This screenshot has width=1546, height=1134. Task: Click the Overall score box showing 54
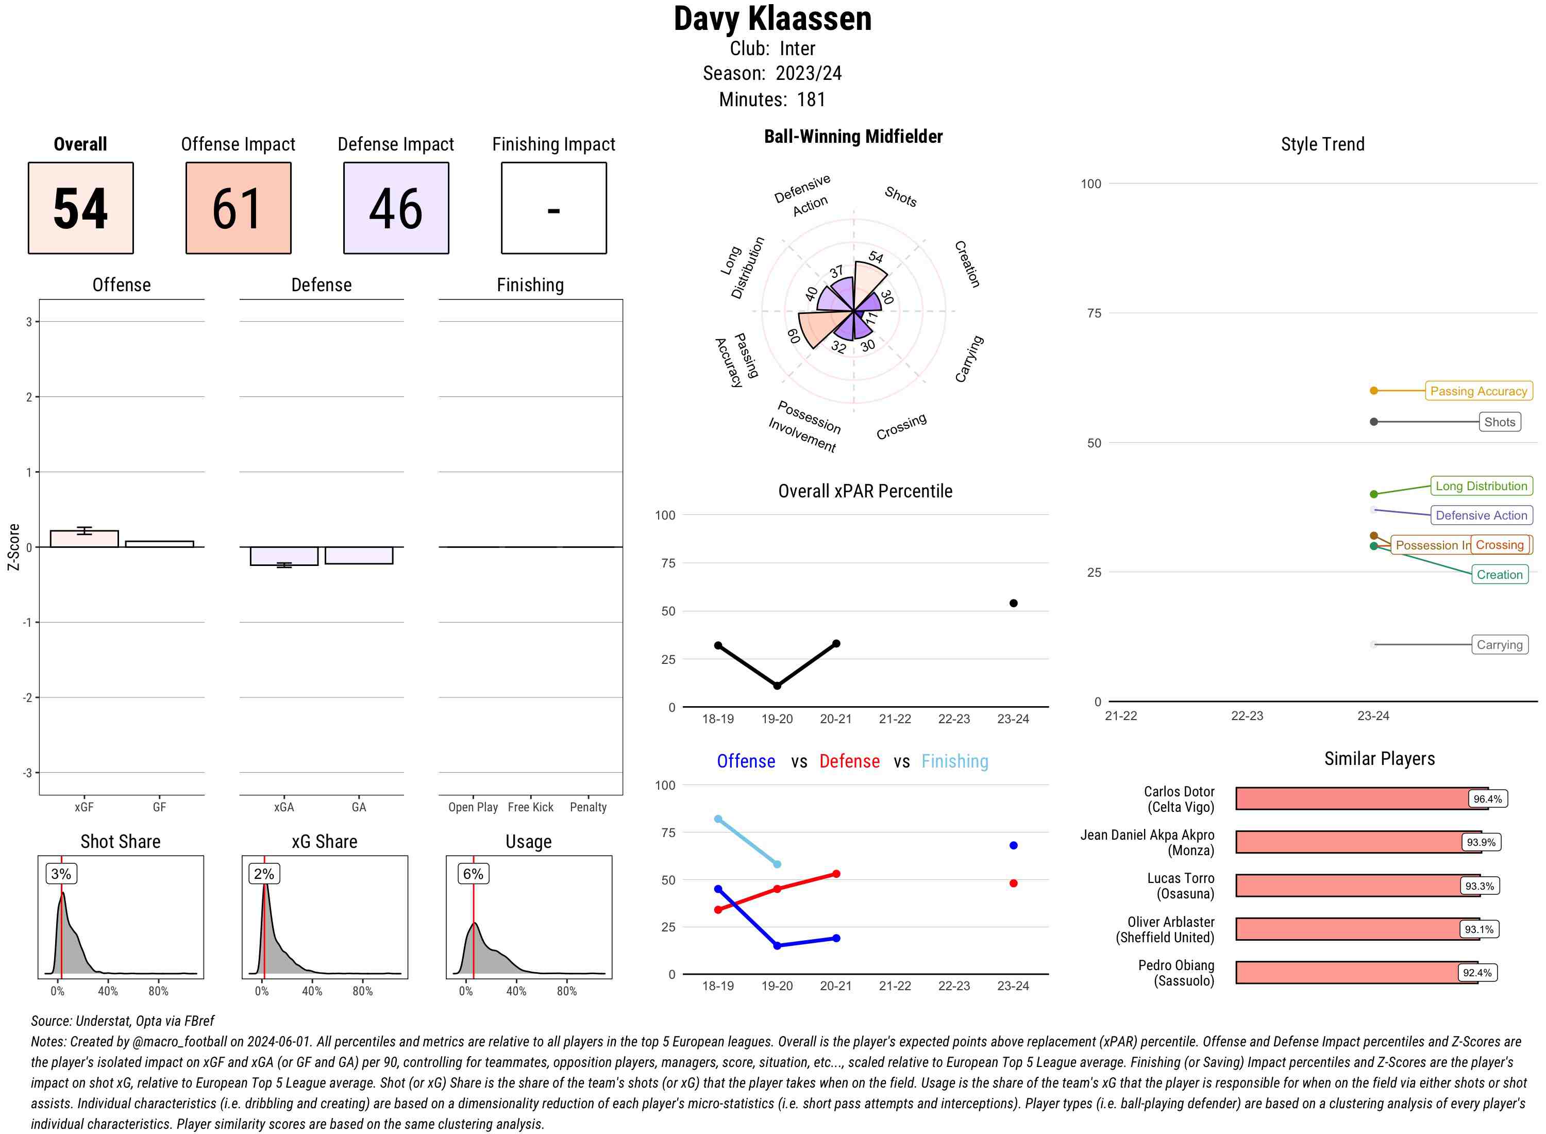pyautogui.click(x=80, y=208)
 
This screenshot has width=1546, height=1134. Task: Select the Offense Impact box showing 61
pyautogui.click(x=238, y=208)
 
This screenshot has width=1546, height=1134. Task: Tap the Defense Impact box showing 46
pyautogui.click(x=396, y=208)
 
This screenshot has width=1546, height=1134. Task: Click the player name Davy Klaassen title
pyautogui.click(x=772, y=19)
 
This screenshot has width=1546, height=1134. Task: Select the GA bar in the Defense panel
pyautogui.click(x=358, y=555)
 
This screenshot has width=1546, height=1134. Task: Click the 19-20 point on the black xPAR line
pyautogui.click(x=777, y=686)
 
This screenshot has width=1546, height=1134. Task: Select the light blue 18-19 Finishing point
pyautogui.click(x=718, y=819)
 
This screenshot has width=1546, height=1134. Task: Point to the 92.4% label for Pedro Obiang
pyautogui.click(x=1477, y=973)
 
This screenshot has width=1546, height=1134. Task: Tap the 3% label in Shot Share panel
pyautogui.click(x=61, y=874)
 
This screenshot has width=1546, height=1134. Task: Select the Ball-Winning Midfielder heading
pyautogui.click(x=853, y=137)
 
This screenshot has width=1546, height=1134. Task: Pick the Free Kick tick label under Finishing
pyautogui.click(x=530, y=807)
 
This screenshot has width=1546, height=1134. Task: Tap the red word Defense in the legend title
pyautogui.click(x=849, y=761)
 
